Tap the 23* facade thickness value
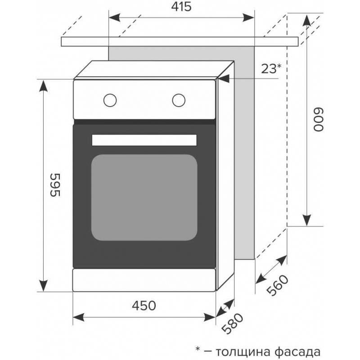click(271, 68)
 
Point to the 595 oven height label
click(54, 185)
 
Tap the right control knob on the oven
click(179, 99)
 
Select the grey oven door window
click(144, 198)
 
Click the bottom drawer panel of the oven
click(144, 280)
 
